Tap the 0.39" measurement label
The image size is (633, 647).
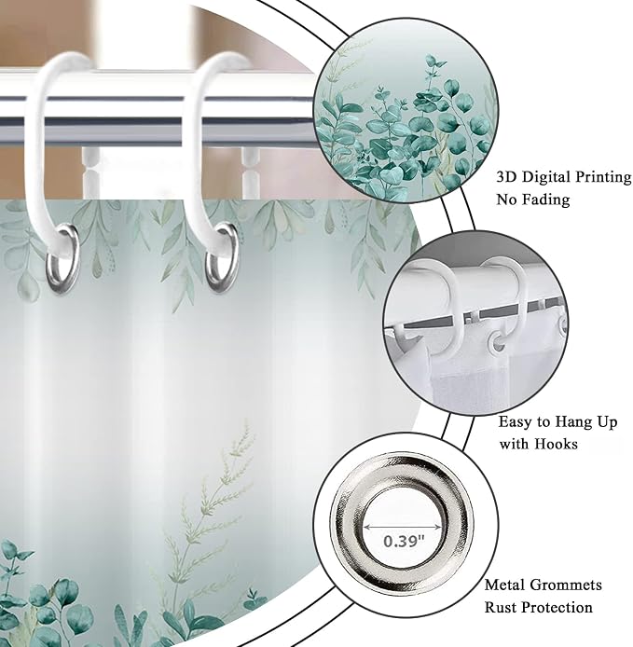pos(403,541)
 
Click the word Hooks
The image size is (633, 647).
pos(557,444)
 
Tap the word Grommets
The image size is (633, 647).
pos(566,585)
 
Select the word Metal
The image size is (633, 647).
pos(505,585)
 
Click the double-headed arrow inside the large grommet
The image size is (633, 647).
pos(403,527)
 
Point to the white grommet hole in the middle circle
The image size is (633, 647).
pos(499,342)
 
